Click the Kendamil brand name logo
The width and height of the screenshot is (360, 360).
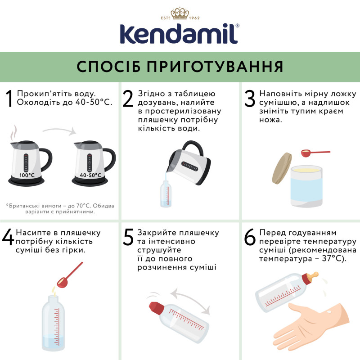coord(180,32)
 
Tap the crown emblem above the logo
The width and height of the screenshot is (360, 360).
coord(180,13)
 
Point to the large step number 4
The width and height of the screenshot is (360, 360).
coord(8,239)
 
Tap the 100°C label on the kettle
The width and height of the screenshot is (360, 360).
coord(27,175)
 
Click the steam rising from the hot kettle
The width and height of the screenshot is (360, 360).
coord(14,133)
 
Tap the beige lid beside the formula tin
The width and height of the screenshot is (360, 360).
coord(281,168)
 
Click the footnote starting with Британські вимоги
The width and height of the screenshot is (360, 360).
coord(60,208)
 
